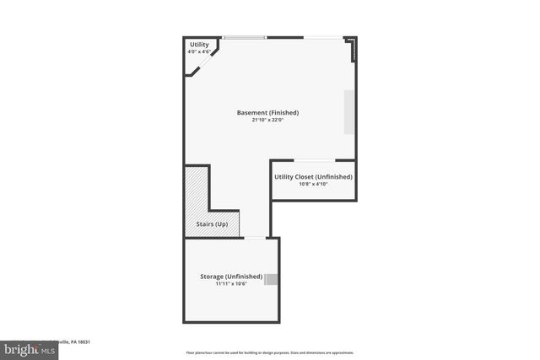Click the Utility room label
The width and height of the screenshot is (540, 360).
click(x=199, y=45)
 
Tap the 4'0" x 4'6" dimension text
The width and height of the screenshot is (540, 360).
click(x=198, y=52)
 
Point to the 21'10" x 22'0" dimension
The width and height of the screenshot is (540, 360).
click(x=267, y=120)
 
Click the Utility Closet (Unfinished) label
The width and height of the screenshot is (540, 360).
click(x=313, y=176)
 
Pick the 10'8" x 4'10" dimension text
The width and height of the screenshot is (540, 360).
click(x=313, y=184)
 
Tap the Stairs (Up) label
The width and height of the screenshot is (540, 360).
click(x=211, y=224)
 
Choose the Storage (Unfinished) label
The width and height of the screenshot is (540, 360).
click(x=231, y=277)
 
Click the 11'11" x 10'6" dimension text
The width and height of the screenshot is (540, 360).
click(x=230, y=284)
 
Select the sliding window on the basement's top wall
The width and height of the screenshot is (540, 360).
click(x=245, y=37)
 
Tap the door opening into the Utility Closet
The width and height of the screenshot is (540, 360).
click(x=314, y=160)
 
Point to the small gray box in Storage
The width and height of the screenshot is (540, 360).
click(x=272, y=280)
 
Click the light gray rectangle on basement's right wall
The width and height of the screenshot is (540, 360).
click(x=349, y=111)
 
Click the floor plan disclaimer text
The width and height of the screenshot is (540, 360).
click(x=270, y=352)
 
